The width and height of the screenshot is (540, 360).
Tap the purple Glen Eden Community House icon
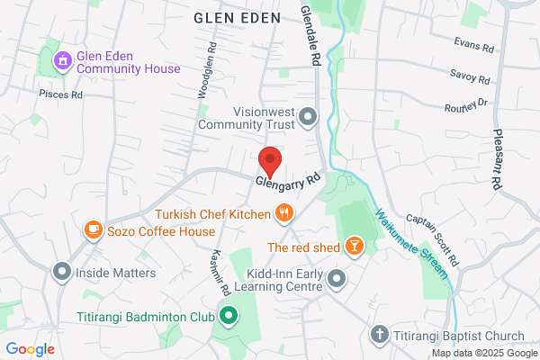pyautogui.click(x=62, y=61)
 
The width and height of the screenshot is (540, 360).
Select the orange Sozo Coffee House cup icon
pyautogui.click(x=93, y=230)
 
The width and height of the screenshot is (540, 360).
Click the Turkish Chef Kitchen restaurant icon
pyautogui.click(x=284, y=213)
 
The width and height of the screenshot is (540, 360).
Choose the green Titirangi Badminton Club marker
pyautogui.click(x=229, y=315)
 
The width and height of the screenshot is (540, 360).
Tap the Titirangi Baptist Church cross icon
pyautogui.click(x=379, y=336)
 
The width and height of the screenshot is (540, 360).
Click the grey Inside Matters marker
pyautogui.click(x=62, y=271)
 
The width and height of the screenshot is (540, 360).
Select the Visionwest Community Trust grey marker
pyautogui.click(x=309, y=117)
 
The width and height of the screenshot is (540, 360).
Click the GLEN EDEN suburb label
pyautogui.click(x=235, y=16)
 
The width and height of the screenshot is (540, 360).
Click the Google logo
pyautogui.click(x=31, y=349)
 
